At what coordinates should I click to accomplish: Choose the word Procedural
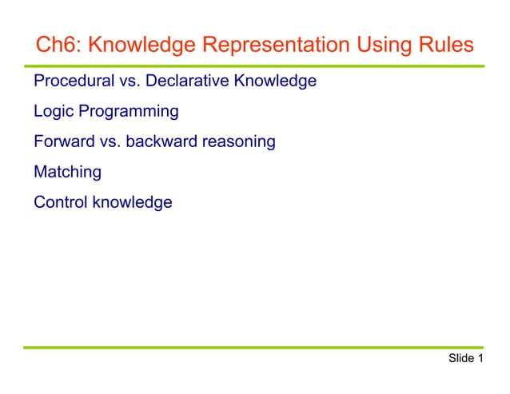click(x=70, y=82)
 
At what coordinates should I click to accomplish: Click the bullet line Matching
click(x=67, y=172)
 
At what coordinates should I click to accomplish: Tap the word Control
click(x=61, y=202)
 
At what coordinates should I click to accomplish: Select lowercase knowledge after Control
click(x=132, y=202)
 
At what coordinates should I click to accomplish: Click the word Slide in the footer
click(x=461, y=359)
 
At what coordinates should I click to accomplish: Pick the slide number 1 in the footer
click(x=480, y=359)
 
